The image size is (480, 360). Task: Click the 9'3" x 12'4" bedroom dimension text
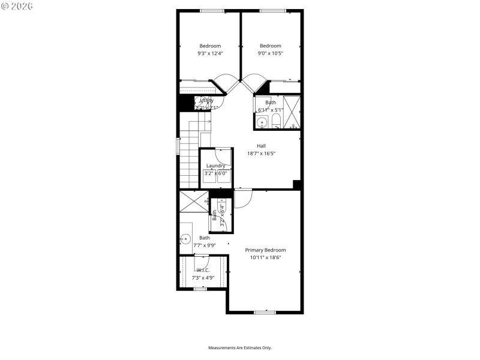[x=210, y=53]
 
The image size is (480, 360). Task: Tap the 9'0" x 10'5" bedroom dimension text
[x=270, y=53]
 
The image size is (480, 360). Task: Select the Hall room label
[x=261, y=146]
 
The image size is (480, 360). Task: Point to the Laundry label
[x=215, y=166]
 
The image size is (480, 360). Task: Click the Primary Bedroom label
[x=265, y=250]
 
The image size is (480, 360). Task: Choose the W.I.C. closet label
[x=203, y=271]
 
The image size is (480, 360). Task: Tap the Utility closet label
[x=206, y=100]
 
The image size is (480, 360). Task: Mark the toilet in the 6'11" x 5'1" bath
[x=275, y=122]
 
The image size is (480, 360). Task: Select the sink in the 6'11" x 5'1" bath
[x=261, y=123]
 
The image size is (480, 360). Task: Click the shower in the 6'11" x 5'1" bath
[x=292, y=112]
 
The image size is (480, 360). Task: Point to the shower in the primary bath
[x=193, y=200]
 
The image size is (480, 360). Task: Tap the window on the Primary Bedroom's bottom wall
[x=265, y=312]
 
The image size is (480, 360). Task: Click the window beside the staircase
[x=178, y=146]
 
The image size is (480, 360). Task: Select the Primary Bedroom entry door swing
[x=243, y=199]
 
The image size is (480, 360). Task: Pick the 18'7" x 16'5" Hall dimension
[x=261, y=154]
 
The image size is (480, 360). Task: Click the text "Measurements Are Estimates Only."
[x=240, y=348]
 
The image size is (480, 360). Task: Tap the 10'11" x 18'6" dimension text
[x=265, y=257]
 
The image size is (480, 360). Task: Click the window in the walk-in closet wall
[x=200, y=289]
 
